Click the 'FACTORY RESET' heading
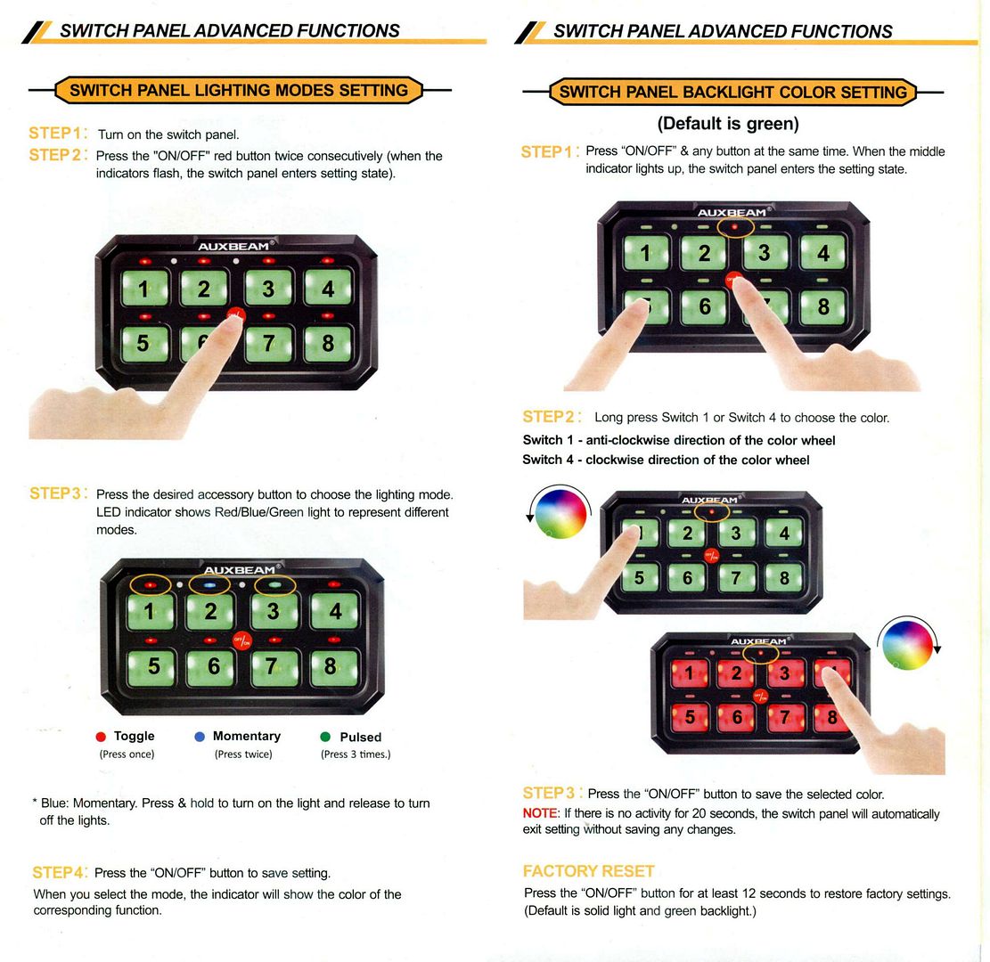(588, 871)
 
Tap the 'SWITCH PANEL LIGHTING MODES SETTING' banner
(239, 90)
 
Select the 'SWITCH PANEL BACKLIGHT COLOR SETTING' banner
(733, 92)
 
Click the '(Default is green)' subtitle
(728, 123)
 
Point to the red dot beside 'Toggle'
(101, 737)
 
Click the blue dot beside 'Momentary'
(200, 737)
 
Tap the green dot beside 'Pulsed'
(326, 737)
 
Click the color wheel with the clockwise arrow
(908, 644)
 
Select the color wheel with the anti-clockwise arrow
(560, 512)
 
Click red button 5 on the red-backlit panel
(689, 717)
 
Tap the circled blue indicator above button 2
(209, 585)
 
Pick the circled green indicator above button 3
(274, 585)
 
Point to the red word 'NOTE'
(540, 813)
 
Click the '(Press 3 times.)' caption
(356, 754)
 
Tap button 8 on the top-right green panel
(823, 306)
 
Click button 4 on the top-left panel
(328, 288)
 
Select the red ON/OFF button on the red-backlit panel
(761, 697)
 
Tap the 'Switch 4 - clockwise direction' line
(666, 460)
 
